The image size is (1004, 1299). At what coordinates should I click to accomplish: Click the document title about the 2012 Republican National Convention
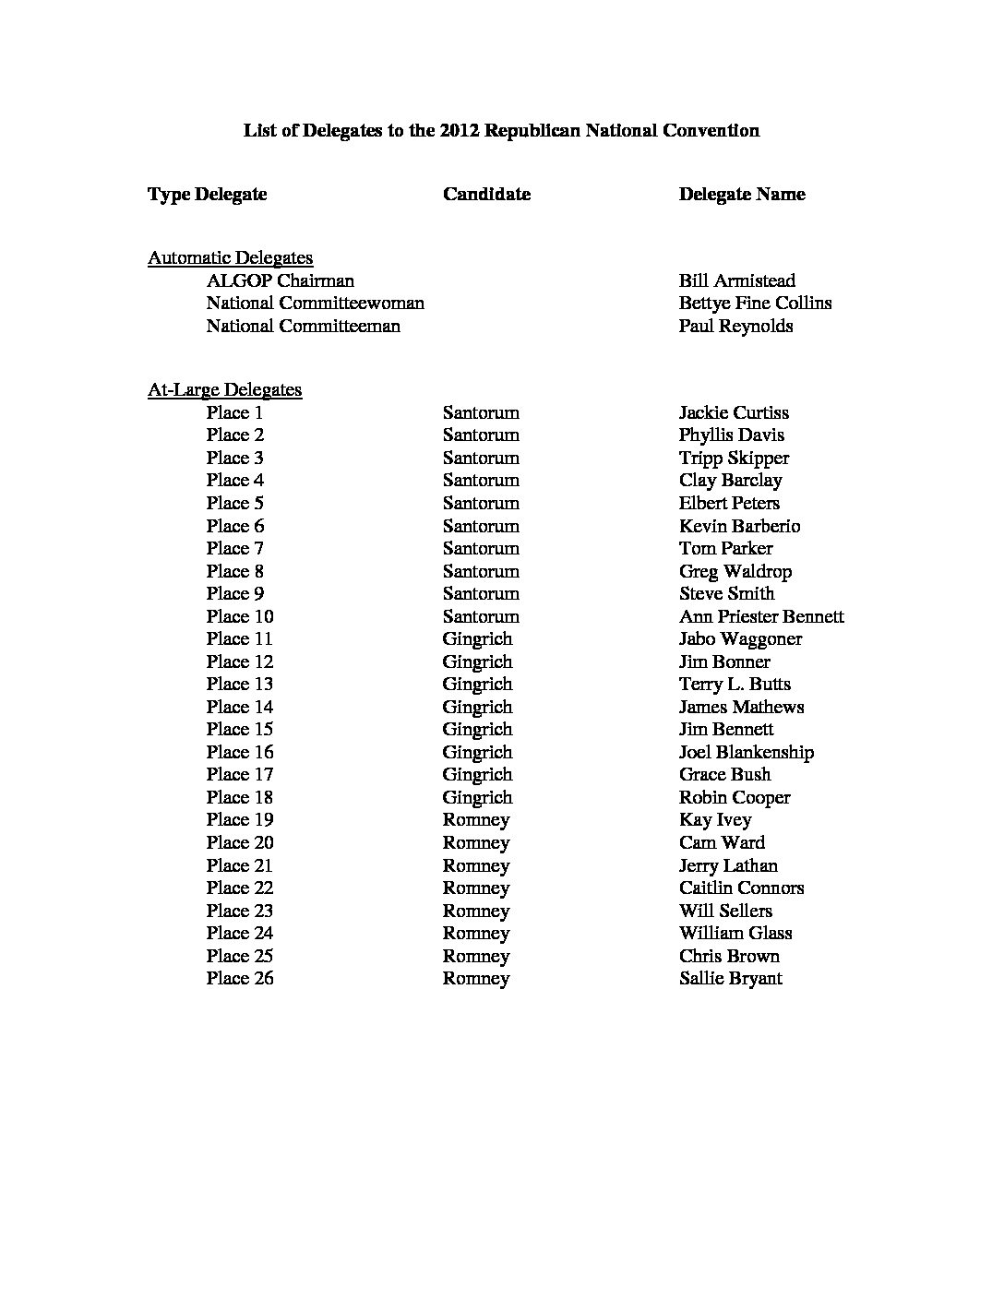tap(501, 130)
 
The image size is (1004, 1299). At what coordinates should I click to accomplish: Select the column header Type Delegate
tap(207, 194)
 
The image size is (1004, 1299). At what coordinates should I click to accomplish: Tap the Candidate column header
tap(486, 194)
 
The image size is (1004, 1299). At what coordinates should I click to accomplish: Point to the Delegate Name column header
tap(742, 194)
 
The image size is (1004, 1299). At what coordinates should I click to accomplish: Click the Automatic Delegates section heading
tap(230, 258)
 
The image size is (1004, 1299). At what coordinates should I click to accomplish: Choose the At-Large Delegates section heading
tap(224, 389)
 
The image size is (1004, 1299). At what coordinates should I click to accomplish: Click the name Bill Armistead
tap(736, 280)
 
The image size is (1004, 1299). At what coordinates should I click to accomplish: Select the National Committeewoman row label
tap(315, 303)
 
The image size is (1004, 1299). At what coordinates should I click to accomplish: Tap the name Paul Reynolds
tap(735, 326)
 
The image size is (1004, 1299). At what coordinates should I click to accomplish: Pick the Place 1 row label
tap(234, 412)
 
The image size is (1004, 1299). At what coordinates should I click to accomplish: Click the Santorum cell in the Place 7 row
tap(481, 548)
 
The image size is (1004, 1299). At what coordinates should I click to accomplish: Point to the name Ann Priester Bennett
tap(761, 616)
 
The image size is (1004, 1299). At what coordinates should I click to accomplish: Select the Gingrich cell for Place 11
tap(477, 638)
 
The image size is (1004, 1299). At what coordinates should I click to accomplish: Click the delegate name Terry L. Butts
tap(735, 684)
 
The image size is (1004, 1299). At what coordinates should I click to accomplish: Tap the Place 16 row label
tap(240, 752)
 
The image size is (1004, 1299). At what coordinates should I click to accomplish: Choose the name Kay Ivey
tap(715, 819)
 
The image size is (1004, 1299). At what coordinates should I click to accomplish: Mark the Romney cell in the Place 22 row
tap(476, 888)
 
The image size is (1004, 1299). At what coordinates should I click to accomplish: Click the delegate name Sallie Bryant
tap(730, 978)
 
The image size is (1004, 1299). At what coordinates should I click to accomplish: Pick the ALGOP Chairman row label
tap(280, 280)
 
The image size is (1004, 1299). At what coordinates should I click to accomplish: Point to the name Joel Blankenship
tap(746, 752)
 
